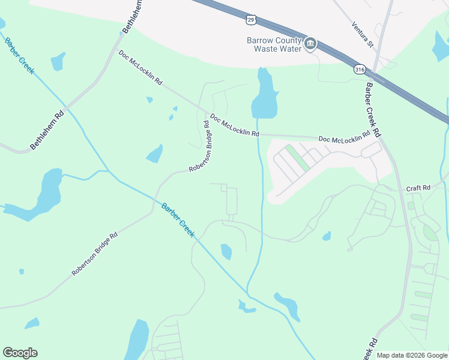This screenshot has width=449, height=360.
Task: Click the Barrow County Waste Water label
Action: [x=272, y=44]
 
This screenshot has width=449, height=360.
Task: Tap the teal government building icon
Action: [x=310, y=44]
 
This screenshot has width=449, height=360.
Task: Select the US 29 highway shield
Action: [x=251, y=20]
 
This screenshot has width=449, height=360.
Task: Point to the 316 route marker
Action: [x=360, y=69]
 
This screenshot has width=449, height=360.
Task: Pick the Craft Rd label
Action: [x=418, y=188]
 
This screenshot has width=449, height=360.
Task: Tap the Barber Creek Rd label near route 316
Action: [x=373, y=109]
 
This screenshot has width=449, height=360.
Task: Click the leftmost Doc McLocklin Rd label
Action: [x=141, y=67]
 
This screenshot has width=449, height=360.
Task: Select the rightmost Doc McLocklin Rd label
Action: [x=344, y=138]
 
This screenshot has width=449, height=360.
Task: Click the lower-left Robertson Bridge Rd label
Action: [x=94, y=254]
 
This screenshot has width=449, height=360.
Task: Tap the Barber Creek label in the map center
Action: [x=178, y=220]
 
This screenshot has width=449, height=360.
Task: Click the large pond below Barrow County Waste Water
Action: [x=264, y=95]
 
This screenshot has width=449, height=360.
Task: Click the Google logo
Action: [x=20, y=353]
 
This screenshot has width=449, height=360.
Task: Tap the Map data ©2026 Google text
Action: [x=411, y=355]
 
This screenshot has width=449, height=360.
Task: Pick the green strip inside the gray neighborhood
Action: [x=298, y=158]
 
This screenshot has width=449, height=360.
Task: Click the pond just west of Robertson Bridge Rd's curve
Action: [x=155, y=154]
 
